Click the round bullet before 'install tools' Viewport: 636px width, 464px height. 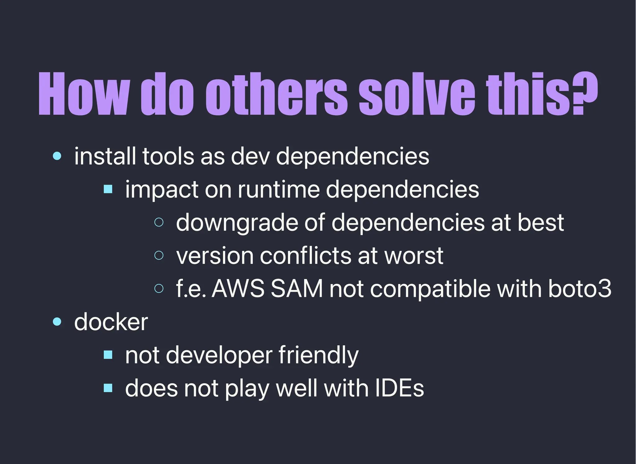click(x=57, y=156)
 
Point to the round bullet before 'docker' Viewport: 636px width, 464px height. click(x=57, y=322)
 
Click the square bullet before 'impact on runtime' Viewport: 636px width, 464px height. click(x=108, y=189)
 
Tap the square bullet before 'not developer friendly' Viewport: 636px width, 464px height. click(x=108, y=355)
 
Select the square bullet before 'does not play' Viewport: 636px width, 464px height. click(x=108, y=388)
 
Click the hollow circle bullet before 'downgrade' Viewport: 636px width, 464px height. click(x=159, y=222)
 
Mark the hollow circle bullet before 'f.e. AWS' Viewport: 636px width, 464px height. click(x=159, y=288)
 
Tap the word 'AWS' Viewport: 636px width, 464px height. click(x=238, y=288)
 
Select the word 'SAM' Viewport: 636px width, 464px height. click(x=297, y=288)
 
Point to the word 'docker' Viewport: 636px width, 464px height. click(x=111, y=322)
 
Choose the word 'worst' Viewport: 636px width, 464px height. click(x=414, y=255)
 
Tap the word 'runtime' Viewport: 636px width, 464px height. click(x=279, y=189)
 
